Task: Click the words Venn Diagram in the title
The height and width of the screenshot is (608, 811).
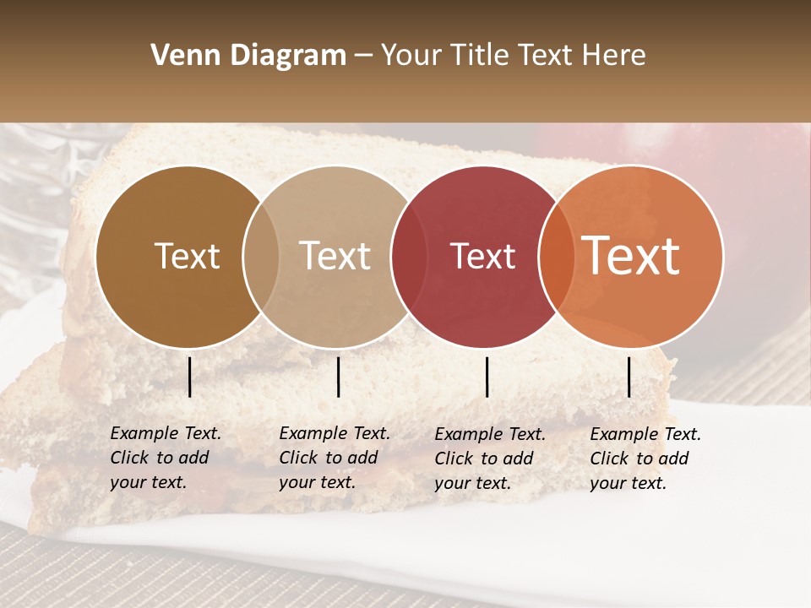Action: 248,56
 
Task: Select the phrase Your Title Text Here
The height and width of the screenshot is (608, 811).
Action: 513,56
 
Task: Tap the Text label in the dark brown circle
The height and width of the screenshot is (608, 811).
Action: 187,256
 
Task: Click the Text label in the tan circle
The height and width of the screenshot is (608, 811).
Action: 335,256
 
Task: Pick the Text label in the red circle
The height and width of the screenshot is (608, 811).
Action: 482,256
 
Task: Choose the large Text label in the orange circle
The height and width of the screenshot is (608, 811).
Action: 631,256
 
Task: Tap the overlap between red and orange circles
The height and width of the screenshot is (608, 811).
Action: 556,257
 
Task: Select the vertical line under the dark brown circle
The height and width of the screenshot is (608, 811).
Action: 189,377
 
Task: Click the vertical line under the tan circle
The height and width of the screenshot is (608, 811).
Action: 338,377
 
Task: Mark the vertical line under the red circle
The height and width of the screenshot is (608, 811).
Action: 487,377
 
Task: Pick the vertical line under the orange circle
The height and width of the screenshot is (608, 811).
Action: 629,377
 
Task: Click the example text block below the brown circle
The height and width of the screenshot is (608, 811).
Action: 165,459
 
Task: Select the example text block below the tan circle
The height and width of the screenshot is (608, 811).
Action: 334,459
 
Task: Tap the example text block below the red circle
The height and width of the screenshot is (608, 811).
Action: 489,459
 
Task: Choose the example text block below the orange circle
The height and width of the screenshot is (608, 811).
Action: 645,459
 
